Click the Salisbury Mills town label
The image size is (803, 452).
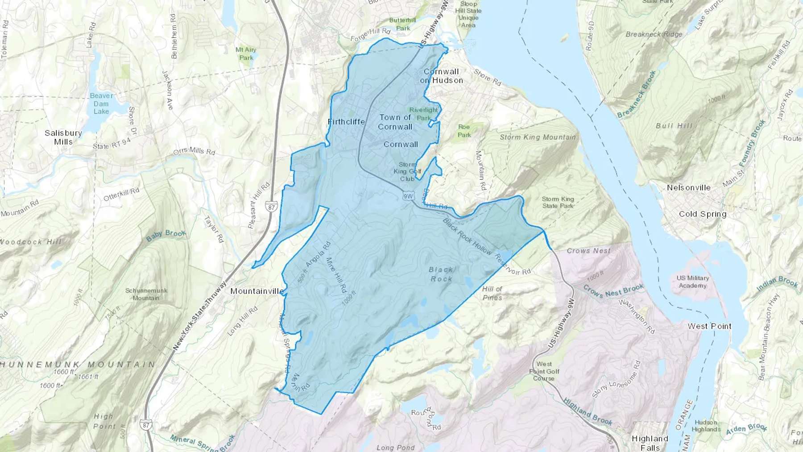pos(63,137)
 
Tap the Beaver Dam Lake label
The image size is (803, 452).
pos(101,103)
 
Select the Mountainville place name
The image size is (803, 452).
pos(257,291)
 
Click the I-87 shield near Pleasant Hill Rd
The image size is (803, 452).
pos(271,206)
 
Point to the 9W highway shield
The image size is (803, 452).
pos(408,196)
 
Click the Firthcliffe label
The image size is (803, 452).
pos(346,121)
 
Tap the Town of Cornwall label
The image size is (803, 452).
pos(395,122)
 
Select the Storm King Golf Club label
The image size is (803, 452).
pos(407,171)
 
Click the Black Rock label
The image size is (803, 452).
pos(441,274)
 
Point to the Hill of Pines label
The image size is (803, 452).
pos(492,293)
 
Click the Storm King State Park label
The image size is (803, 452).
pos(558,202)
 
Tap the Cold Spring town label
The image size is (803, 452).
pos(702,214)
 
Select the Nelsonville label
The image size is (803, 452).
pos(688,187)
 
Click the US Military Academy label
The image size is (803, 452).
pos(692,282)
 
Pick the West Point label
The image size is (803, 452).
pos(709,326)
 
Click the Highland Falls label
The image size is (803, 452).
pos(650,443)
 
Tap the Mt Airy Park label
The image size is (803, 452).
pos(246,54)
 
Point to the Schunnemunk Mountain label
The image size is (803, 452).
pos(146,294)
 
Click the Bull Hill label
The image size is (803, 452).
pos(674,126)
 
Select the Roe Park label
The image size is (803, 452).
pos(464,131)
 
